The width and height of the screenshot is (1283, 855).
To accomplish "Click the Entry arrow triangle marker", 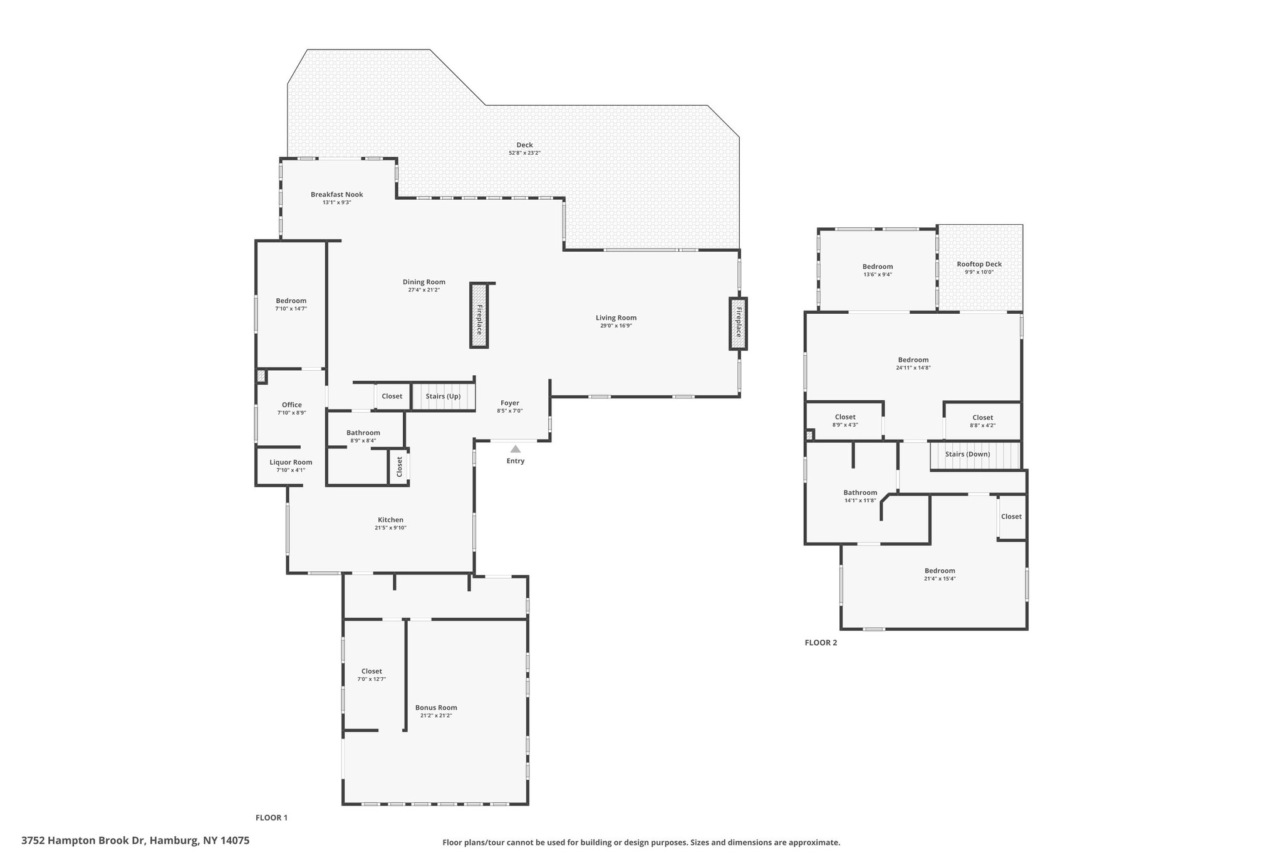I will click(x=515, y=449).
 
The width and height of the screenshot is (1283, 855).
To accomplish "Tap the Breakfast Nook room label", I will click(x=336, y=195).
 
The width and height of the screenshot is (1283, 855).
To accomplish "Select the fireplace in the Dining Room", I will click(x=479, y=316).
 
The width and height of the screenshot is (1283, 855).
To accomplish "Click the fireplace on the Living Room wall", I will click(x=738, y=323).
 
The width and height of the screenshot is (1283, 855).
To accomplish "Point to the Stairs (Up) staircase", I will click(x=443, y=396).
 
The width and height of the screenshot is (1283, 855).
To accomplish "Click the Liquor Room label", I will click(x=291, y=462).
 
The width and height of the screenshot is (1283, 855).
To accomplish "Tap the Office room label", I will click(x=291, y=405).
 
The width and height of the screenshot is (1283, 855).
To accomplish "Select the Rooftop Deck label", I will click(x=979, y=264).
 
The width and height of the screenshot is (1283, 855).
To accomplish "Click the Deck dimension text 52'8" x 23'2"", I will click(x=524, y=153).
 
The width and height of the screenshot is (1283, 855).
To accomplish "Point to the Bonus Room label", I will click(x=436, y=708).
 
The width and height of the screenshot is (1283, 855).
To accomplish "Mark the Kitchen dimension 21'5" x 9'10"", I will click(x=390, y=527).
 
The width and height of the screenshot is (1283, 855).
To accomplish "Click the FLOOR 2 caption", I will click(x=820, y=643).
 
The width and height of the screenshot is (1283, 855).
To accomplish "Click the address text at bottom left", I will click(x=135, y=841).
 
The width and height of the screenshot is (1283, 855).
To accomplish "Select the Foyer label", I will click(x=509, y=403).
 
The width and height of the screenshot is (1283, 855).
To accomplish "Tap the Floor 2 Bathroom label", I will click(x=860, y=493).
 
